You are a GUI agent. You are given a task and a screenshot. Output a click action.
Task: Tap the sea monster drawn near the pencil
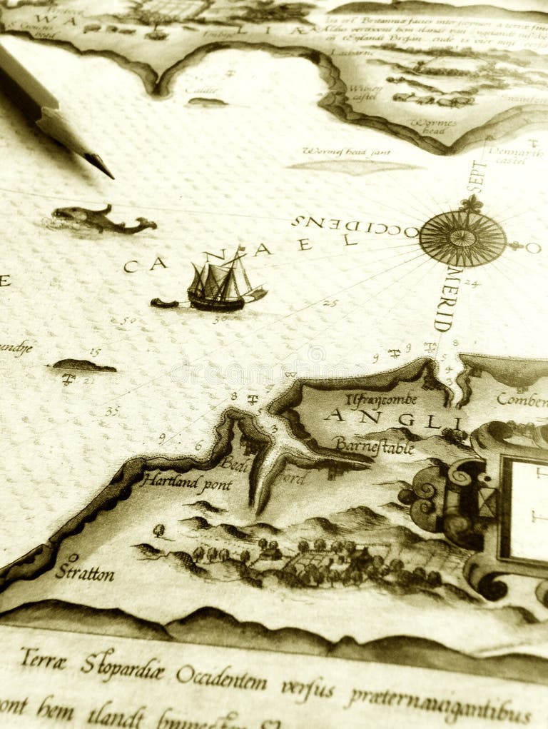click(x=100, y=219)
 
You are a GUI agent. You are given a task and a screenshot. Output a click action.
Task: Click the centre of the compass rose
click(x=462, y=238)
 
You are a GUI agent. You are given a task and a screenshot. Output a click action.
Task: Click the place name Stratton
click(x=84, y=572)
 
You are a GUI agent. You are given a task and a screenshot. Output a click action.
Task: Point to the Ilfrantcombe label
click(x=382, y=400)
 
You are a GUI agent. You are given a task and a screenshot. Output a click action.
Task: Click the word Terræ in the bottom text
click(x=43, y=660)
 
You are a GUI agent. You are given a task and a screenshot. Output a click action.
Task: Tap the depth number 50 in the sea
click(x=128, y=321)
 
